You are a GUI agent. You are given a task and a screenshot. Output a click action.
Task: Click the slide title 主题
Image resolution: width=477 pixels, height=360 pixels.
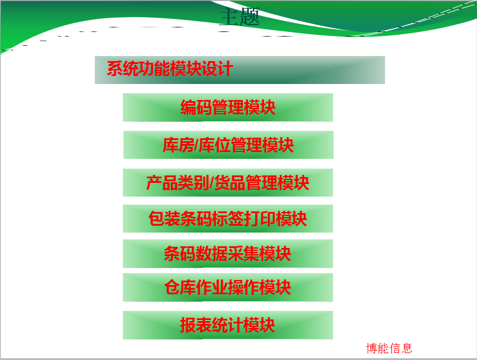click(239, 17)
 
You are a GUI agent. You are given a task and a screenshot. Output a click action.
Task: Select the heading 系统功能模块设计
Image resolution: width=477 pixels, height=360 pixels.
click(170, 69)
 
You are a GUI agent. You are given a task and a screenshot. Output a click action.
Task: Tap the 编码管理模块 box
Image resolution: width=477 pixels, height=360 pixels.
click(228, 107)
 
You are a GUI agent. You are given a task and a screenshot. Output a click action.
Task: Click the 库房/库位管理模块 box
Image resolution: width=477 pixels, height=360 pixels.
click(229, 145)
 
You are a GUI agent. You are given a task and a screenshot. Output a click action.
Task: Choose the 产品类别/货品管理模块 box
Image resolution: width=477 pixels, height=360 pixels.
click(228, 183)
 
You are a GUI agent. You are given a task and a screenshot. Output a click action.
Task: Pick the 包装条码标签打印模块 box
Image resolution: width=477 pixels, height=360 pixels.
click(228, 218)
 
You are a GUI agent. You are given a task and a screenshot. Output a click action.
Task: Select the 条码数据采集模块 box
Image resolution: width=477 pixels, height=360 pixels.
click(228, 254)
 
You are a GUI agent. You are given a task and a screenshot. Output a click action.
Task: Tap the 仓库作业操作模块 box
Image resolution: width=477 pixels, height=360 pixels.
click(228, 287)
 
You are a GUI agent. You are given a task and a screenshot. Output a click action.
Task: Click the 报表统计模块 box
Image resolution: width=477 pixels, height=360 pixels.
click(228, 325)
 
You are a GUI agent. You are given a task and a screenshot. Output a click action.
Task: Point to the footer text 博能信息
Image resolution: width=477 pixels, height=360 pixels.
click(389, 348)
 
